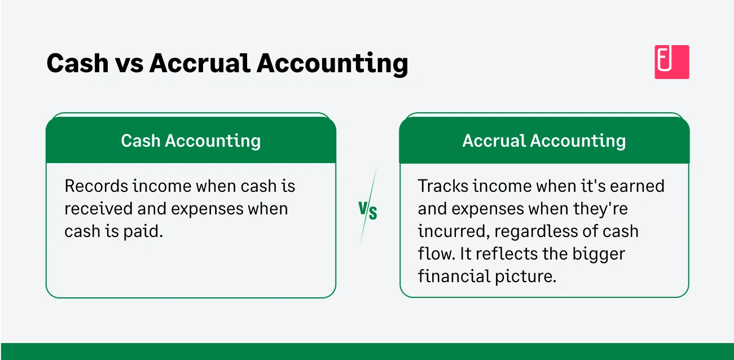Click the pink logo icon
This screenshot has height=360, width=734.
tap(671, 62)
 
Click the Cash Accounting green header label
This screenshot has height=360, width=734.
tap(191, 141)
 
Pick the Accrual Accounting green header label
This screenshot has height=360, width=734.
tap(544, 141)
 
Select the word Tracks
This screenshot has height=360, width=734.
tap(442, 186)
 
